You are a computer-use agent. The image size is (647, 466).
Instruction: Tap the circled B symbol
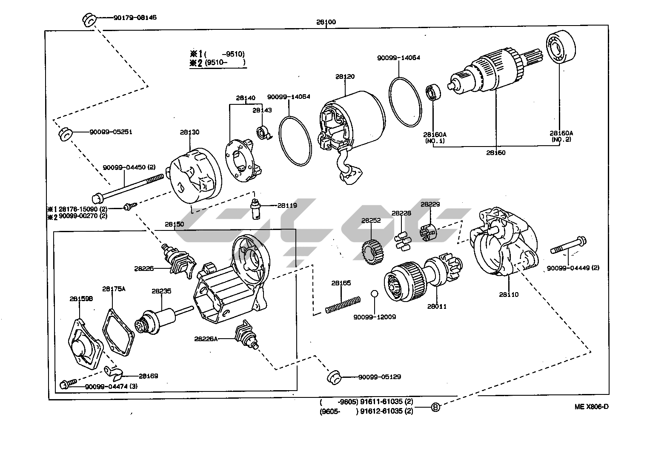coord(435,407)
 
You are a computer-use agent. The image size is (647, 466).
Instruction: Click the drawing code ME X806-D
coord(591,406)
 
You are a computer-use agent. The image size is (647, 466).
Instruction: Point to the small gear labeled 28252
coord(373,252)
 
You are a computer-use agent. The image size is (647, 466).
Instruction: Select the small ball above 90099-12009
coord(374,293)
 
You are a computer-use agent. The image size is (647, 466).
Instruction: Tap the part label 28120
coord(345,77)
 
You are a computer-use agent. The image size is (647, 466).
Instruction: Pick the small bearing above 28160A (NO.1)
coord(433,93)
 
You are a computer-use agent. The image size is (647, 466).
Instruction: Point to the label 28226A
coord(206,339)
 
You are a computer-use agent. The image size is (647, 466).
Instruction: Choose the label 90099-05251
coord(111,132)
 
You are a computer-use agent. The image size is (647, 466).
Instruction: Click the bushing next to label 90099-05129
coord(334,377)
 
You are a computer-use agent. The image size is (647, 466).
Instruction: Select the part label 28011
coord(437,306)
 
